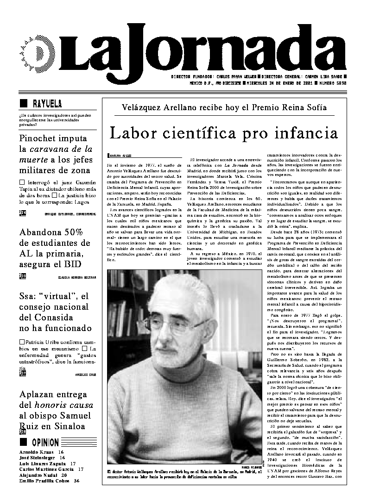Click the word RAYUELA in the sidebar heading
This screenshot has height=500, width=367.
coord(47,103)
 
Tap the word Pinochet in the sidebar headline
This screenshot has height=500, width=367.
coord(40,138)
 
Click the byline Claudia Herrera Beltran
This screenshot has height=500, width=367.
coord(77,277)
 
